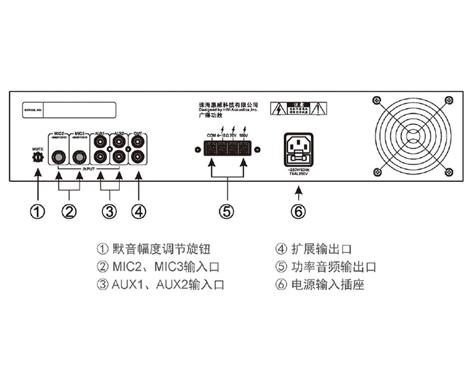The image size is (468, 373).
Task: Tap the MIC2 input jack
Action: click(x=60, y=158)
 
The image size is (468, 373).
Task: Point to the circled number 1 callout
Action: click(x=38, y=211)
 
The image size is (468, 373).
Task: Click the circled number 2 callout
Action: click(x=69, y=211)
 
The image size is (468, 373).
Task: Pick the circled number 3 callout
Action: click(x=109, y=211)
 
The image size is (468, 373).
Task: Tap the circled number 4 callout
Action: click(x=138, y=211)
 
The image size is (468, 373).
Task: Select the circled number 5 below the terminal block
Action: click(x=227, y=211)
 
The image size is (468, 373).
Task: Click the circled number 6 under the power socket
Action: click(x=298, y=211)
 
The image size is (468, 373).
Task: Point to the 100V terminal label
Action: click(x=243, y=134)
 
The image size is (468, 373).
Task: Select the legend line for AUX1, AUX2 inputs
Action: click(x=160, y=283)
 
